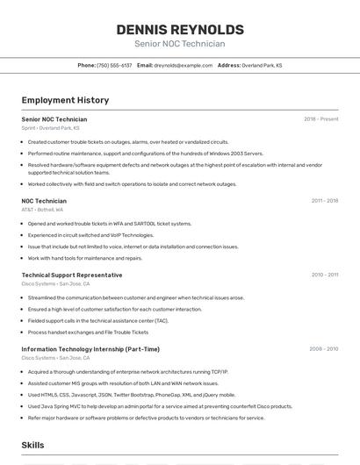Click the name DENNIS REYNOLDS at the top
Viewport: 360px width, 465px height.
(x=180, y=29)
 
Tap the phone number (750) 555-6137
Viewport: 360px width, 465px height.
(x=114, y=65)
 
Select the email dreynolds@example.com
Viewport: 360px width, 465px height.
(x=184, y=65)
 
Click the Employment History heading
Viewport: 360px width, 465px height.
(x=65, y=100)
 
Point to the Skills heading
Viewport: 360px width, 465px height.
(x=33, y=446)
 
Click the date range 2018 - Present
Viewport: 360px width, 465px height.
(x=321, y=118)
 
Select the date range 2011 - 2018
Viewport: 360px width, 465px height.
(x=325, y=201)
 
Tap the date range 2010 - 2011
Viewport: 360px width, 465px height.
(x=325, y=275)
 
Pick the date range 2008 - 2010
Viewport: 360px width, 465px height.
(x=324, y=349)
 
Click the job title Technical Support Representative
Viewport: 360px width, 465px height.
(x=72, y=275)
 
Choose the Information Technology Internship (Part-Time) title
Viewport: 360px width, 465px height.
(x=90, y=349)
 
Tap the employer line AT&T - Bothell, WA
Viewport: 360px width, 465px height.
(x=42, y=210)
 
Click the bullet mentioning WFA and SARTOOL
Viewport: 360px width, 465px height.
(x=109, y=224)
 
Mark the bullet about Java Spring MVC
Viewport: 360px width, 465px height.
(x=160, y=406)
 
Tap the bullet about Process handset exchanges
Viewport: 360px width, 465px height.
(x=88, y=333)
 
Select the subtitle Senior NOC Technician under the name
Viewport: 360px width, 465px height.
(x=180, y=44)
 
